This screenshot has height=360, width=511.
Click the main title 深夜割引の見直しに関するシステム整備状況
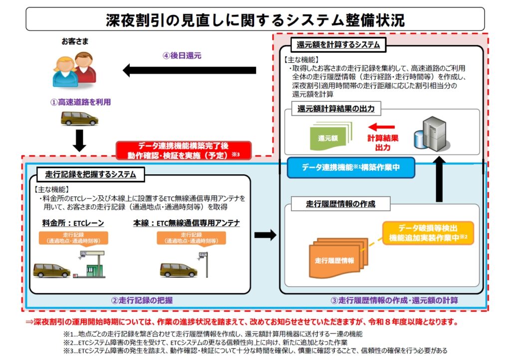pos(255,19)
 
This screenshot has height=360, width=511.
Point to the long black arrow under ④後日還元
pos(190,70)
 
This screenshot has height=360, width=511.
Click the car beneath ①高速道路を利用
pos(79,119)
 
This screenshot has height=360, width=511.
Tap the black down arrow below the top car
pos(79,141)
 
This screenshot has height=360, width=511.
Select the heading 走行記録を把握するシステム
pos(90,175)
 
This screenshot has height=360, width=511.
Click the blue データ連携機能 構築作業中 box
pos(350,168)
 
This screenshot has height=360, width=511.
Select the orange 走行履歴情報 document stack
pos(335,259)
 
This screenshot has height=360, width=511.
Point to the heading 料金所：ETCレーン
pos(73,223)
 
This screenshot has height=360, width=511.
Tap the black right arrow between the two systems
pos(265,235)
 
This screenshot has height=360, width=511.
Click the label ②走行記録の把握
pos(142,301)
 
